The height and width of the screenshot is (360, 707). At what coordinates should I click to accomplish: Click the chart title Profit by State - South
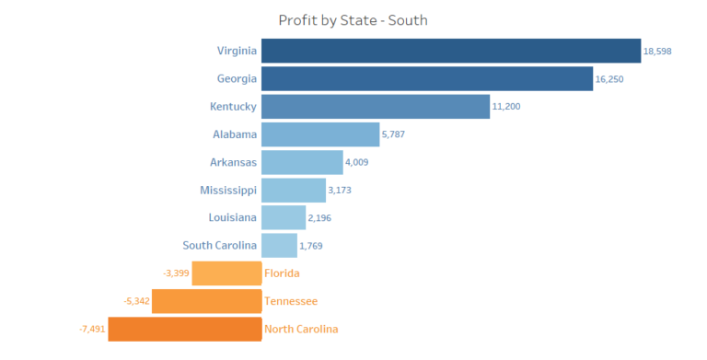(x=353, y=19)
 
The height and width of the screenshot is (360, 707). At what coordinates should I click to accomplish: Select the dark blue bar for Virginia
(x=451, y=51)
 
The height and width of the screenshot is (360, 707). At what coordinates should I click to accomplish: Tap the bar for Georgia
(x=427, y=78)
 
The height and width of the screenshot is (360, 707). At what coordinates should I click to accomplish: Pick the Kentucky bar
(x=376, y=107)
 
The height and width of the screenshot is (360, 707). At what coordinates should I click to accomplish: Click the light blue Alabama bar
(x=320, y=134)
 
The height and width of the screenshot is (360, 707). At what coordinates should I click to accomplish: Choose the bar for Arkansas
(x=302, y=162)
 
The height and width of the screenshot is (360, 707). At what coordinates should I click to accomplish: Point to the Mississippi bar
(x=294, y=190)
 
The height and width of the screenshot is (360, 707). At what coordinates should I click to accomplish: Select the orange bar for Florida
(x=226, y=273)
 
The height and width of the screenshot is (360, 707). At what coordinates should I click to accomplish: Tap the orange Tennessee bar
(x=206, y=301)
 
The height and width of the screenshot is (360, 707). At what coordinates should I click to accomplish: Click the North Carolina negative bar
(x=184, y=329)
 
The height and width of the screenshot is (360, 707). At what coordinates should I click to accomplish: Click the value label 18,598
(x=657, y=52)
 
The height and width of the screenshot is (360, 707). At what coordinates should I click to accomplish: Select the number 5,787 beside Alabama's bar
(x=393, y=134)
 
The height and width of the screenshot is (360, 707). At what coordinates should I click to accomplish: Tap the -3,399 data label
(x=176, y=273)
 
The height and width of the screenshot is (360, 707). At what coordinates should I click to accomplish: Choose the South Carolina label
(x=220, y=246)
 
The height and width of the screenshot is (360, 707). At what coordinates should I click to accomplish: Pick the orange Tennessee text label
(x=291, y=301)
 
